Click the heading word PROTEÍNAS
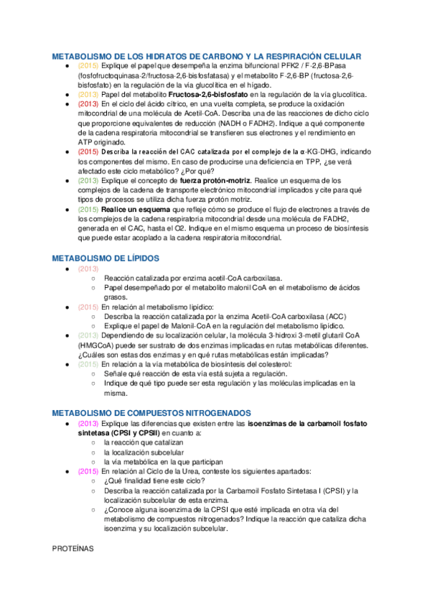[74, 548]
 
